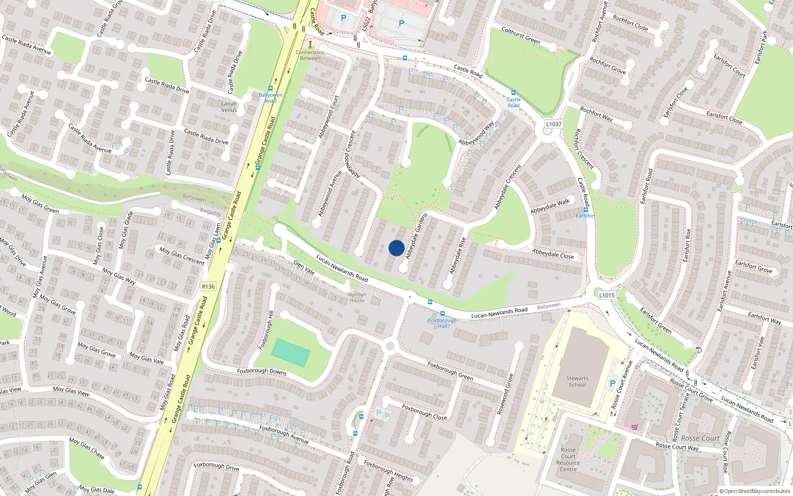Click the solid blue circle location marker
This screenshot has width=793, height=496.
[x=396, y=248]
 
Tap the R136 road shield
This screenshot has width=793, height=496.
[x=208, y=287]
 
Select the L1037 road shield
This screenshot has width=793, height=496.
[x=553, y=124]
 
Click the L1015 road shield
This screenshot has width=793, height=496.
[x=606, y=295]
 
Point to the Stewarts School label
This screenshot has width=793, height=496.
[x=577, y=381]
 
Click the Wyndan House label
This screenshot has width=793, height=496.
[x=357, y=297]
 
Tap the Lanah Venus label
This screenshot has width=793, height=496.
[x=229, y=107]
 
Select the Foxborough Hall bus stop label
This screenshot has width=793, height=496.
[x=442, y=323]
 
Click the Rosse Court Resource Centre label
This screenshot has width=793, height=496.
[x=568, y=459]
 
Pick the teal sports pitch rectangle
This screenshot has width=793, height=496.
[x=291, y=353]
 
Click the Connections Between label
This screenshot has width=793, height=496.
[x=310, y=55]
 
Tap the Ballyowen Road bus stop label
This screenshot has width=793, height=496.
[x=270, y=98]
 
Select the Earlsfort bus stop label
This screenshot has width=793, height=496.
[x=585, y=216]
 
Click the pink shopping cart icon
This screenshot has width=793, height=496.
[x=634, y=427]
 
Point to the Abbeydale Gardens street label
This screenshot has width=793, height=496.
[x=416, y=236]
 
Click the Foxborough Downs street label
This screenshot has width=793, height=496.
[x=262, y=371]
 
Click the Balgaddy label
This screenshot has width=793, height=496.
[x=211, y=212]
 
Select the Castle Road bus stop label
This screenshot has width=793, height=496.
[x=513, y=102]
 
